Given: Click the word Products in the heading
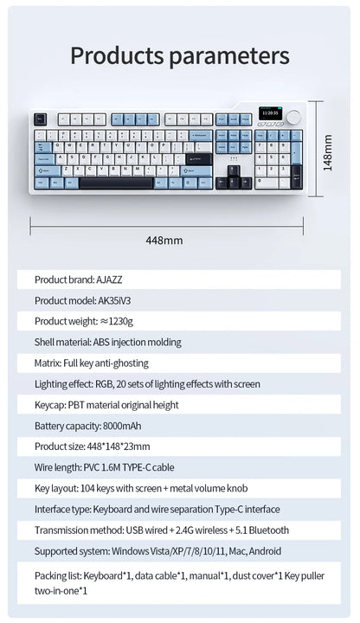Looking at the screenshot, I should (117, 56).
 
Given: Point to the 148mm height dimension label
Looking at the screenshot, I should (329, 151).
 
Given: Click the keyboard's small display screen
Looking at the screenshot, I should (269, 113).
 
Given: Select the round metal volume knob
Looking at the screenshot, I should (294, 115).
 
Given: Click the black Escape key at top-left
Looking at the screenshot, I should (40, 119).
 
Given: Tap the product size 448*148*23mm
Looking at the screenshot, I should (117, 446).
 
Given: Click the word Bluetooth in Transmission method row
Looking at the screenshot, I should (267, 530).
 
